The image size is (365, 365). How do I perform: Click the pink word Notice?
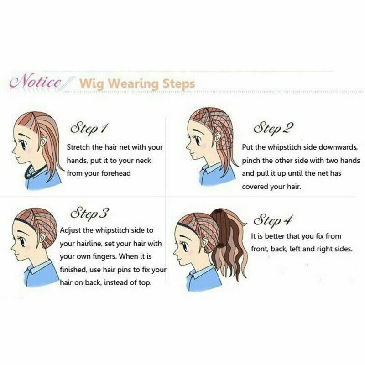36,82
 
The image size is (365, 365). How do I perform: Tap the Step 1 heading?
89,128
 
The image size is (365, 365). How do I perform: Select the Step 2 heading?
273,128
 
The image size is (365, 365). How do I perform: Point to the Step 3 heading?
89,213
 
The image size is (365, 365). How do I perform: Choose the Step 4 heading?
272,220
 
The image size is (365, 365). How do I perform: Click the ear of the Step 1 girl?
43,141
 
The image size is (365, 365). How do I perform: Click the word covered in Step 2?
255,187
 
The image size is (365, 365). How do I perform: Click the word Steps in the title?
178,84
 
